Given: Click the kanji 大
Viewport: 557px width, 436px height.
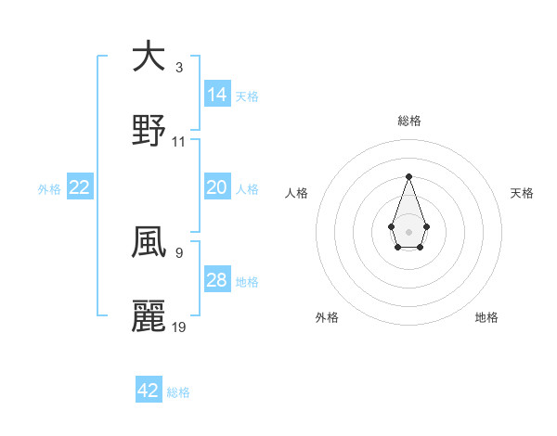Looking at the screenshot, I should (x=149, y=58).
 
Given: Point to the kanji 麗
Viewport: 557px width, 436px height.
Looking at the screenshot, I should (x=149, y=316).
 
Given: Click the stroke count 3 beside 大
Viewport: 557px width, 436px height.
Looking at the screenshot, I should (x=178, y=69).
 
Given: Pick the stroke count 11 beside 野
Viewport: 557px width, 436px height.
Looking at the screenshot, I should (x=179, y=142).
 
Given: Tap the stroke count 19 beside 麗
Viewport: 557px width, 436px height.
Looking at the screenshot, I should (x=179, y=327).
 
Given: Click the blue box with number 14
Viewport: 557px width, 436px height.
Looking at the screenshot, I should (x=217, y=94).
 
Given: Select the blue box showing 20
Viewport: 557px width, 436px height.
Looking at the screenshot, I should (x=217, y=187).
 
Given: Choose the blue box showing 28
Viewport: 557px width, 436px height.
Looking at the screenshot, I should (x=217, y=280).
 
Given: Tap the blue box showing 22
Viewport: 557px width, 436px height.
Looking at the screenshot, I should (x=80, y=187).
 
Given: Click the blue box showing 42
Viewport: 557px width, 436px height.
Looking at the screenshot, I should (x=149, y=391).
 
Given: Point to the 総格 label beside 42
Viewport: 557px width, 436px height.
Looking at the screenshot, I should (x=178, y=392).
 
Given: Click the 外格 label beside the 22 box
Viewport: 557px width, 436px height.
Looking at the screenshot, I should (x=49, y=189).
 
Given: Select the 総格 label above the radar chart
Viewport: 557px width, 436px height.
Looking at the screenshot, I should (x=408, y=121).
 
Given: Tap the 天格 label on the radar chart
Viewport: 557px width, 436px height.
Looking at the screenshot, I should (x=523, y=193).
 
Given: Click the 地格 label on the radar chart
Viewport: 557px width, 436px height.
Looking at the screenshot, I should (x=486, y=317).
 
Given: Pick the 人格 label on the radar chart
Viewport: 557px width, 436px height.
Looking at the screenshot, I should (x=297, y=193).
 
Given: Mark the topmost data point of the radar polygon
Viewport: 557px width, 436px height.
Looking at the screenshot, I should (x=408, y=176).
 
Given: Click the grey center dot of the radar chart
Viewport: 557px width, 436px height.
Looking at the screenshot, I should (x=408, y=230).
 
